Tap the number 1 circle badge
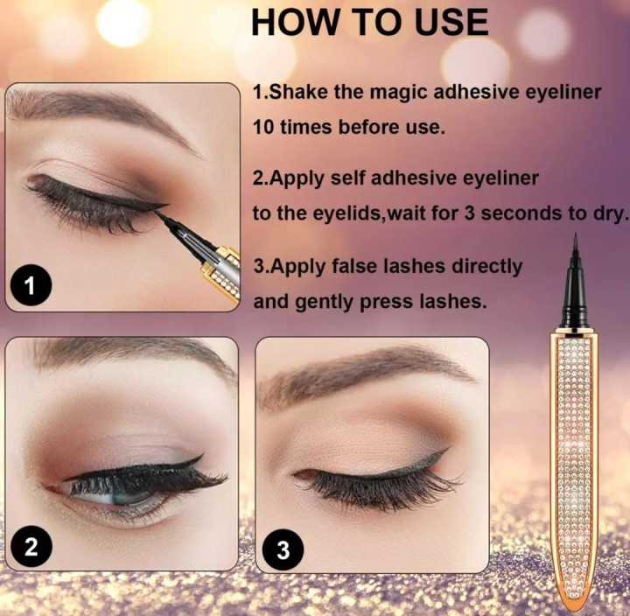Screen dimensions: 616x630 point(31,285)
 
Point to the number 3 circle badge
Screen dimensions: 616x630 point(282,549)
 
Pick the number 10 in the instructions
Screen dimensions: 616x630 point(264,127)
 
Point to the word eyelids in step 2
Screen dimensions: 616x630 point(330,213)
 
